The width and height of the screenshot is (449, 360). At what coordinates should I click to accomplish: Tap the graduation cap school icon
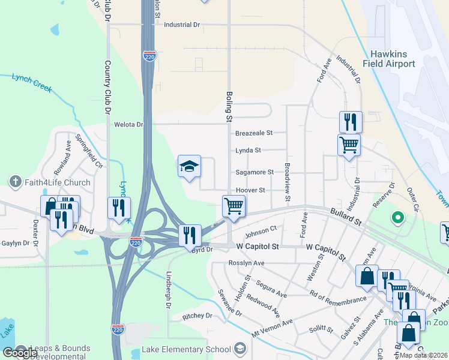pyautogui.click(x=188, y=166)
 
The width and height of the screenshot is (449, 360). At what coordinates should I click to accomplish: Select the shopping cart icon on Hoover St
pyautogui.click(x=233, y=206)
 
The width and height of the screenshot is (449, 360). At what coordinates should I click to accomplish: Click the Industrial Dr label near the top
pyautogui.click(x=181, y=25)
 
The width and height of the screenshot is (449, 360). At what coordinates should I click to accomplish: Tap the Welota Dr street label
pyautogui.click(x=129, y=125)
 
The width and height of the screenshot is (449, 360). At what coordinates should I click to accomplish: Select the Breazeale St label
pyautogui.click(x=254, y=133)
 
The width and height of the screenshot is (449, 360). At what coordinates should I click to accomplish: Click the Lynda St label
pyautogui.click(x=248, y=151)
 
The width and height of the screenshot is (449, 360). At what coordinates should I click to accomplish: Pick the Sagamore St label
pyautogui.click(x=254, y=172)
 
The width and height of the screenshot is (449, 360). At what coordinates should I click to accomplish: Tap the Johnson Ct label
pyautogui.click(x=261, y=229)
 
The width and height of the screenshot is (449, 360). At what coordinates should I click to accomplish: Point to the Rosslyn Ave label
pyautogui.click(x=246, y=263)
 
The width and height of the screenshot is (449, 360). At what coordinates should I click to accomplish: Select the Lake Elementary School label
pyautogui.click(x=186, y=349)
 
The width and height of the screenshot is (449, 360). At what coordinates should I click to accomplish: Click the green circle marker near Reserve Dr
pyautogui.click(x=396, y=217)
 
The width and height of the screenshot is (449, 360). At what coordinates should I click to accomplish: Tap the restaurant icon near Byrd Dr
pyautogui.click(x=190, y=235)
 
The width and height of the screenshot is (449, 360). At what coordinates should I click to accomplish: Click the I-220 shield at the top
pyautogui.click(x=149, y=56)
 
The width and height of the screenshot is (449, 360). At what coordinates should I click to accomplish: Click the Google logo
pyautogui.click(x=20, y=352)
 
